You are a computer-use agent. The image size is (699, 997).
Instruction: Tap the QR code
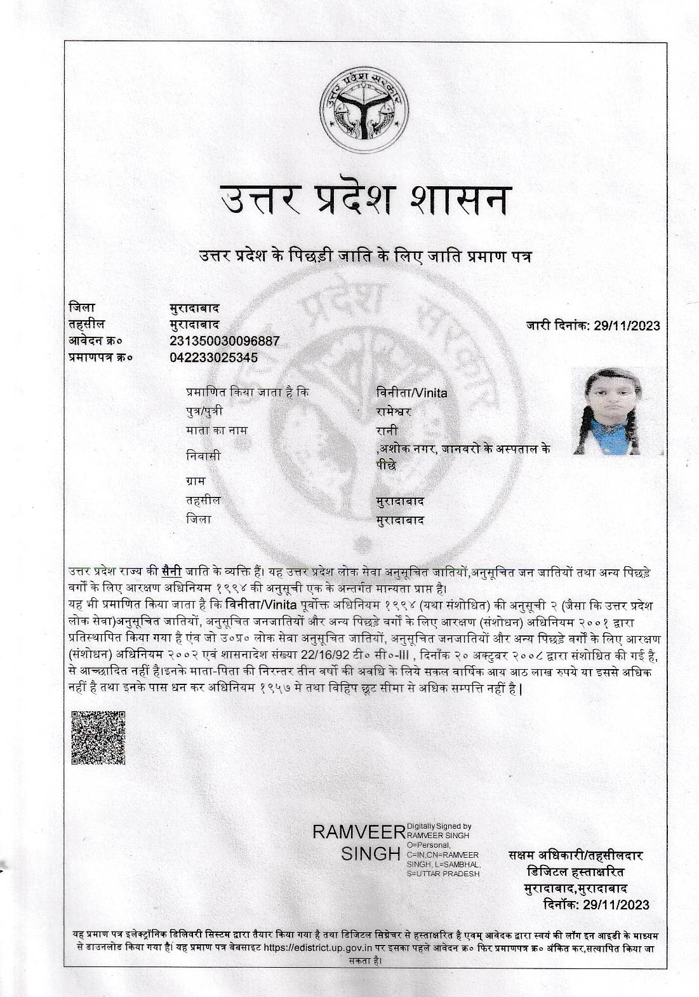pos(98,738)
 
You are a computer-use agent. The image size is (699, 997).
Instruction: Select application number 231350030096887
pos(224,341)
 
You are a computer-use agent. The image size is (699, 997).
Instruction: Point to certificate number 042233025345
pos(213,358)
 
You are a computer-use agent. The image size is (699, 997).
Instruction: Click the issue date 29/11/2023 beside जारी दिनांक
pos(627,326)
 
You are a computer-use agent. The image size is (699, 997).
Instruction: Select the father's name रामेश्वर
pos(394,412)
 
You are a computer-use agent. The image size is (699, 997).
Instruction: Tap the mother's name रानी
pos(387,431)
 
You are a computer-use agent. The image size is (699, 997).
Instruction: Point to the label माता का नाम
pos(216,431)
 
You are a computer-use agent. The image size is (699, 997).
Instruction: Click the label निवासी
pos(203,456)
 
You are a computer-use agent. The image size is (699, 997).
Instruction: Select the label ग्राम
pos(196,481)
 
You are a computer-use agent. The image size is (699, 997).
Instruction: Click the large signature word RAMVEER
pos(358,833)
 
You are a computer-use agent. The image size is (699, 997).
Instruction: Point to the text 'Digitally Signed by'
pos(438,826)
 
